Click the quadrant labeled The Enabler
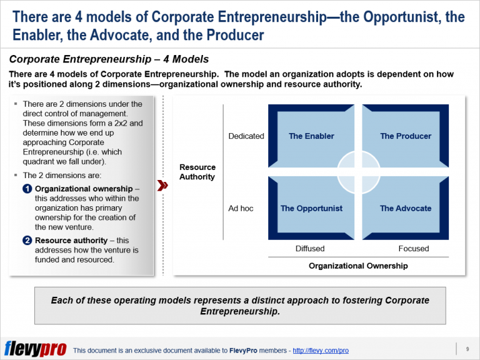point(311,136)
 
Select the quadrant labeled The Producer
point(406,136)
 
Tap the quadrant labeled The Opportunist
point(311,208)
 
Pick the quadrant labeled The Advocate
point(406,208)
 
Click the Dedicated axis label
point(246,136)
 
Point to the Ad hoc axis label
point(241,208)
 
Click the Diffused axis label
point(310,249)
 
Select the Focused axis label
point(414,249)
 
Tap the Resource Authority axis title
point(197,172)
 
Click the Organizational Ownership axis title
point(358,266)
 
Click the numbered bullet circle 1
point(27,189)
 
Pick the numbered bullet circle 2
point(27,240)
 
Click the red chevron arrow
point(162,186)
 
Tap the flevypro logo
point(35,348)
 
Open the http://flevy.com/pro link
point(321,351)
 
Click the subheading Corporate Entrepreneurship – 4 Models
point(109,60)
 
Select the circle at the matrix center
point(358,172)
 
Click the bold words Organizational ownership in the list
point(83,189)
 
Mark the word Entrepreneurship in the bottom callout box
point(240,311)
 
